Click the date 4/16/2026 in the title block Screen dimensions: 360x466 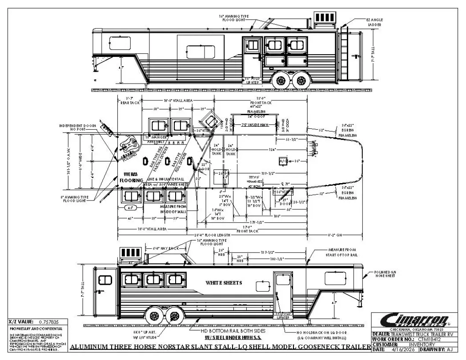click(x=402, y=349)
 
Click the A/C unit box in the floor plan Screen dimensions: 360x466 click(x=283, y=161)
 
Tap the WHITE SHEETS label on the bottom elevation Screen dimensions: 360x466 click(x=224, y=283)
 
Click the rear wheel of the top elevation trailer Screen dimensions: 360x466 click(x=301, y=80)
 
